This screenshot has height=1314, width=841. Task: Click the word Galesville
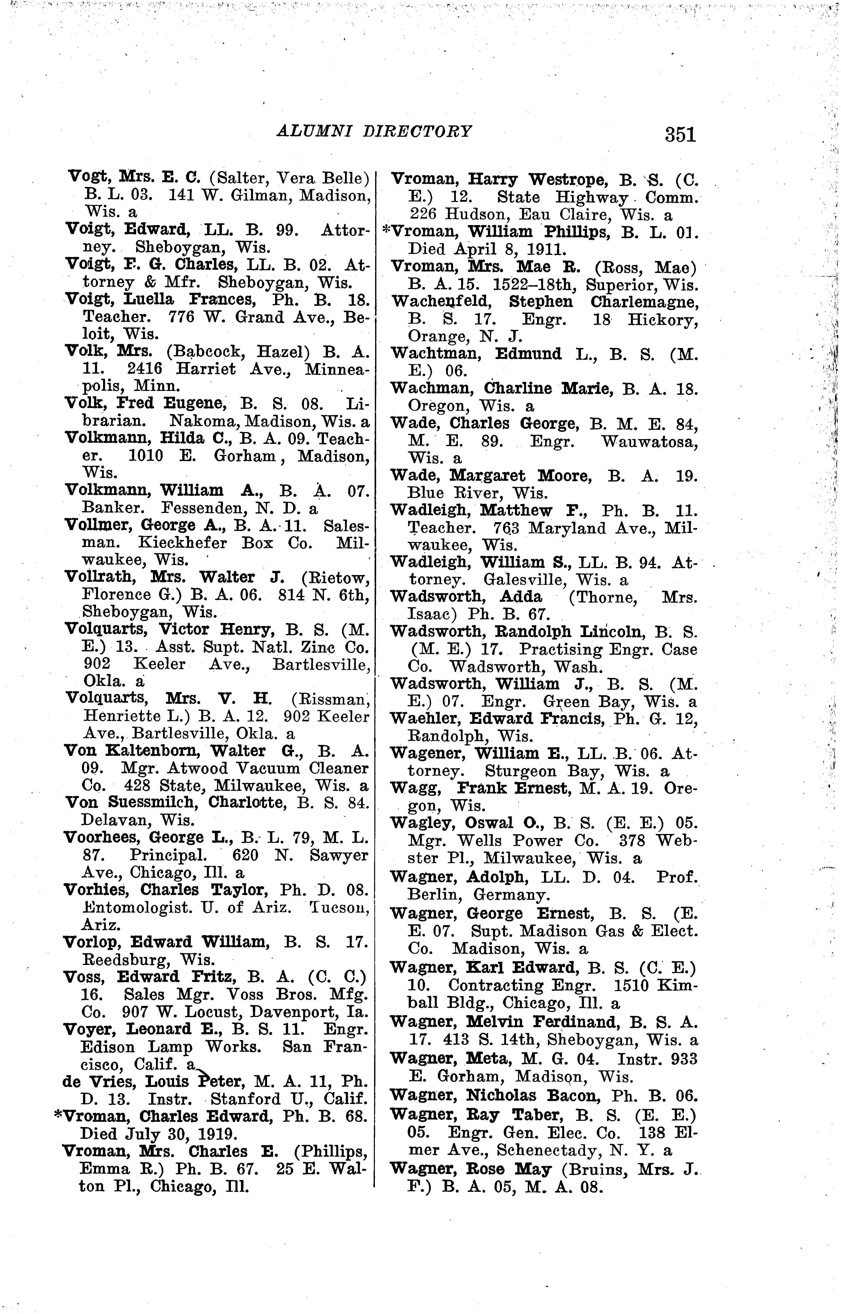click(x=524, y=580)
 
